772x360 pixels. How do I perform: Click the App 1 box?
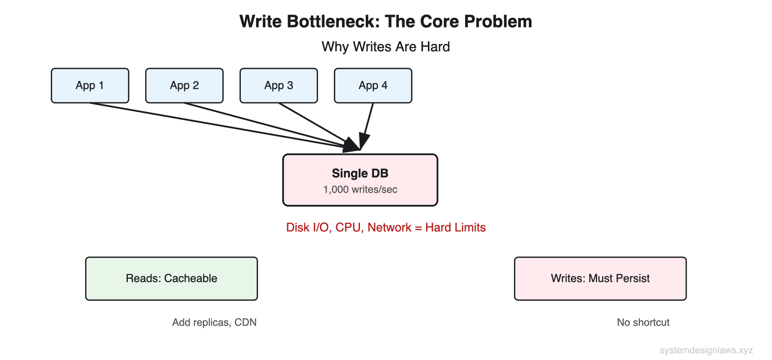point(90,85)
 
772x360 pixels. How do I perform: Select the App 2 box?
point(184,85)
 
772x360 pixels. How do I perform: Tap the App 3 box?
point(278,85)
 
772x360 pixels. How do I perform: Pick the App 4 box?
point(373,85)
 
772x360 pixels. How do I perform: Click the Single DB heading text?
point(360,173)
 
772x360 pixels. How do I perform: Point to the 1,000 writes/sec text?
point(360,190)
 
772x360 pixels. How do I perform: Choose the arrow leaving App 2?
point(251,121)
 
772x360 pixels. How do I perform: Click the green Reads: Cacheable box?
point(171,278)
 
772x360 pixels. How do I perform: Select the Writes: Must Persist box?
point(600,278)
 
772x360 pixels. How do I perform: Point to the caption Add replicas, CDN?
point(214,322)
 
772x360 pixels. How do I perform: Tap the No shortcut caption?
point(643,322)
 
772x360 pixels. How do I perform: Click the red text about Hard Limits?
point(386,227)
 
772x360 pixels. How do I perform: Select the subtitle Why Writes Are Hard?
point(386,47)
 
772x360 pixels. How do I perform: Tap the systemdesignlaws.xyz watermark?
point(706,350)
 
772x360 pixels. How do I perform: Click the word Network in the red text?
point(389,227)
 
